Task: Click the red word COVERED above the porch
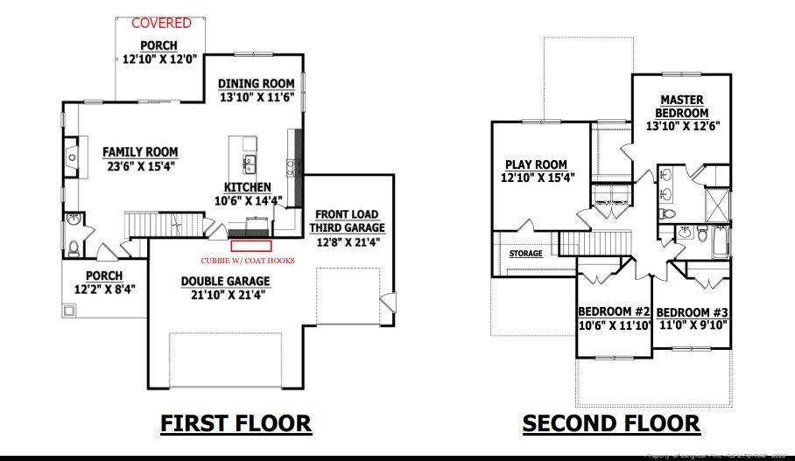tap(162, 23)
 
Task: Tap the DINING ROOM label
tap(256, 84)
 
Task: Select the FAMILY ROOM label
tap(140, 151)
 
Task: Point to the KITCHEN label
tap(248, 187)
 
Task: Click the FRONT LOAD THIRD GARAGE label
tap(347, 220)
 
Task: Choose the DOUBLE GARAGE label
tap(225, 281)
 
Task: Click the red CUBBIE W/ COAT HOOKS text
tap(248, 261)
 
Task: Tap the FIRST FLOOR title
tap(236, 423)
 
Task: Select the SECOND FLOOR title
tap(611, 423)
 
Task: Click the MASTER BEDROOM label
tap(683, 107)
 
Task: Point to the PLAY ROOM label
tap(536, 164)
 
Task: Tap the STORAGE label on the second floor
tap(526, 254)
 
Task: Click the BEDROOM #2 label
tap(614, 312)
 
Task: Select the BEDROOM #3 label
tap(692, 312)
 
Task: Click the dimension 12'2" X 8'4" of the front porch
tap(98, 289)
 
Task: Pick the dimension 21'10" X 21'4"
tap(225, 295)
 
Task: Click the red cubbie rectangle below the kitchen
tap(250, 234)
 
